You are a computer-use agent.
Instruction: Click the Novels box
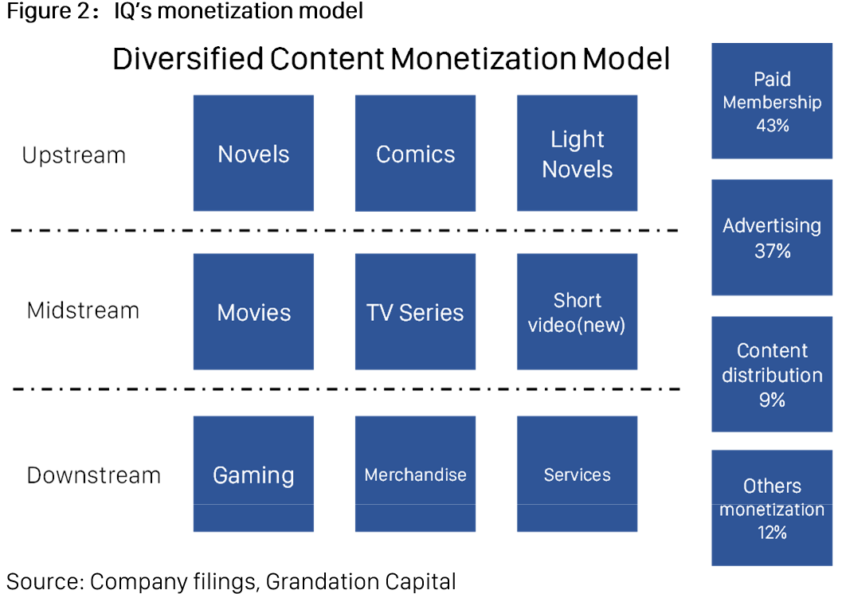click(x=253, y=153)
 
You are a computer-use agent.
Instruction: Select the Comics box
click(x=416, y=153)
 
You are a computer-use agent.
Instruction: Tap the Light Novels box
click(x=578, y=153)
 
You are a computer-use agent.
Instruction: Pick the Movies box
click(x=253, y=312)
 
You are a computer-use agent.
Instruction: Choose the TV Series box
click(x=416, y=312)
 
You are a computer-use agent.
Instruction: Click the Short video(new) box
click(x=578, y=312)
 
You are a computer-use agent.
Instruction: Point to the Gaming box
click(x=253, y=474)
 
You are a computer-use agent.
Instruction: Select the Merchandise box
click(x=416, y=474)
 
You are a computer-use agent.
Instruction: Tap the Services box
click(x=578, y=474)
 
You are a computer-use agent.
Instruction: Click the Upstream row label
click(x=74, y=156)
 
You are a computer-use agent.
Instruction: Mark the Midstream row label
click(x=83, y=311)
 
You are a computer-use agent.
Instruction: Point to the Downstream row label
click(x=94, y=475)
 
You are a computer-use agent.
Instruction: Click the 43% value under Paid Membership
click(x=773, y=126)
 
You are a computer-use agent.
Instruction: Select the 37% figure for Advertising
click(x=773, y=251)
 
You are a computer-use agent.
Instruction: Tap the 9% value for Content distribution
click(x=772, y=400)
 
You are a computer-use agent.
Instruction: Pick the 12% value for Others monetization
click(x=772, y=533)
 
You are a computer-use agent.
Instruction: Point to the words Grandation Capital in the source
click(x=361, y=581)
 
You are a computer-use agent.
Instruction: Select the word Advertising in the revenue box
click(x=772, y=226)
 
